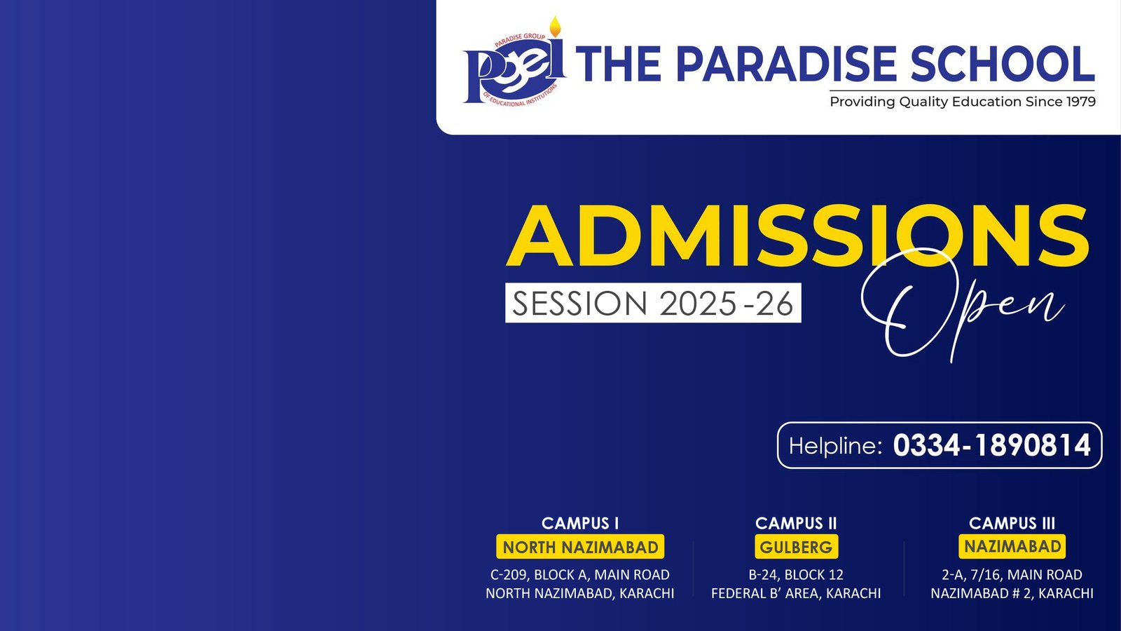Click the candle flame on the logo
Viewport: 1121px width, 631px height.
[555, 27]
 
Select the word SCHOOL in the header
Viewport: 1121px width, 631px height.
[1003, 64]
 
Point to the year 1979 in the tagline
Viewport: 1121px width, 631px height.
[1081, 102]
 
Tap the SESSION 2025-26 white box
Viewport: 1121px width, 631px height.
[653, 303]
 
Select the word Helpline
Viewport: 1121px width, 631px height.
[834, 445]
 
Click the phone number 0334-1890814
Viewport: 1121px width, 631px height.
[991, 445]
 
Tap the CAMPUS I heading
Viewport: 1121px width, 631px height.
[580, 523]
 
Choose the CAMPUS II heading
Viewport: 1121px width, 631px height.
[796, 523]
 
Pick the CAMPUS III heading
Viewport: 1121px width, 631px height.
[1012, 523]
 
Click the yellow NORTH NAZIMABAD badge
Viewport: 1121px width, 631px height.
[580, 547]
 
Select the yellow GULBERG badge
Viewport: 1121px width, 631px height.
[796, 547]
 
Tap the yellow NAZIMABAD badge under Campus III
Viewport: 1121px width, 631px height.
[1012, 546]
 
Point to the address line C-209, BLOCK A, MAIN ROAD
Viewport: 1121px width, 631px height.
[580, 574]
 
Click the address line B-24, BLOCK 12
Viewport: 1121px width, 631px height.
[796, 574]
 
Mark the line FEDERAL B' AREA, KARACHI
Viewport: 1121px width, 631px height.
[796, 593]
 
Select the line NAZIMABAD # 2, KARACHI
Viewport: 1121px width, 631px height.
[1012, 593]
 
